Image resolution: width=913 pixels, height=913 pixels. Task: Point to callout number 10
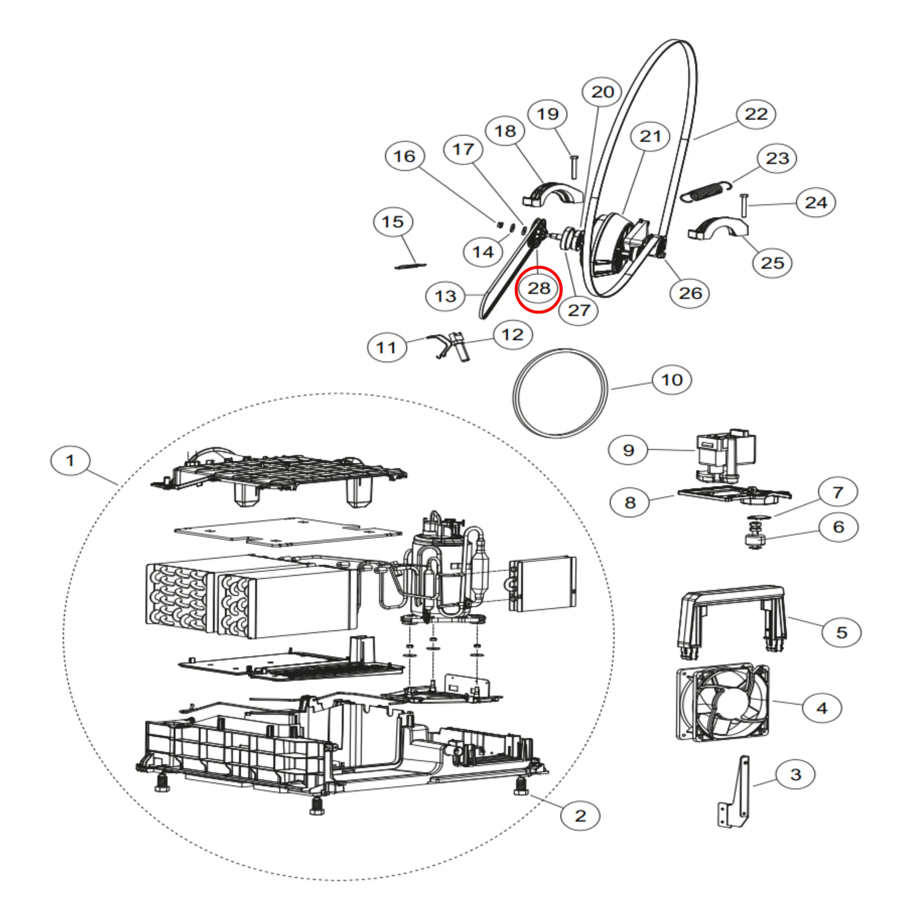tap(671, 380)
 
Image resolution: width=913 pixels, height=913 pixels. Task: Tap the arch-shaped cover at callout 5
tap(733, 614)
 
